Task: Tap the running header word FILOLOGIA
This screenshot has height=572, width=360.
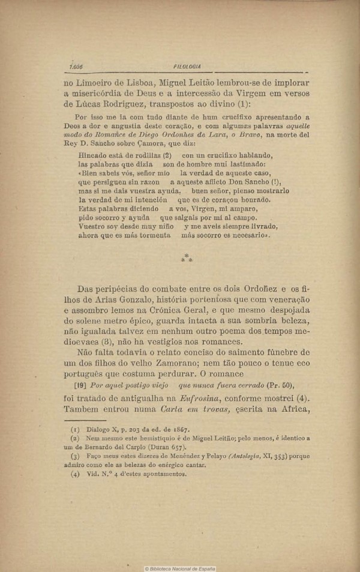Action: click(x=186, y=67)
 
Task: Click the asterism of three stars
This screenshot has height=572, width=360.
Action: click(x=187, y=258)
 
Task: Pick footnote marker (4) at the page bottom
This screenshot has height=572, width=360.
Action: click(x=75, y=474)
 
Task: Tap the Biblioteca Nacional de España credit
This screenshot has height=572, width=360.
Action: click(x=179, y=568)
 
